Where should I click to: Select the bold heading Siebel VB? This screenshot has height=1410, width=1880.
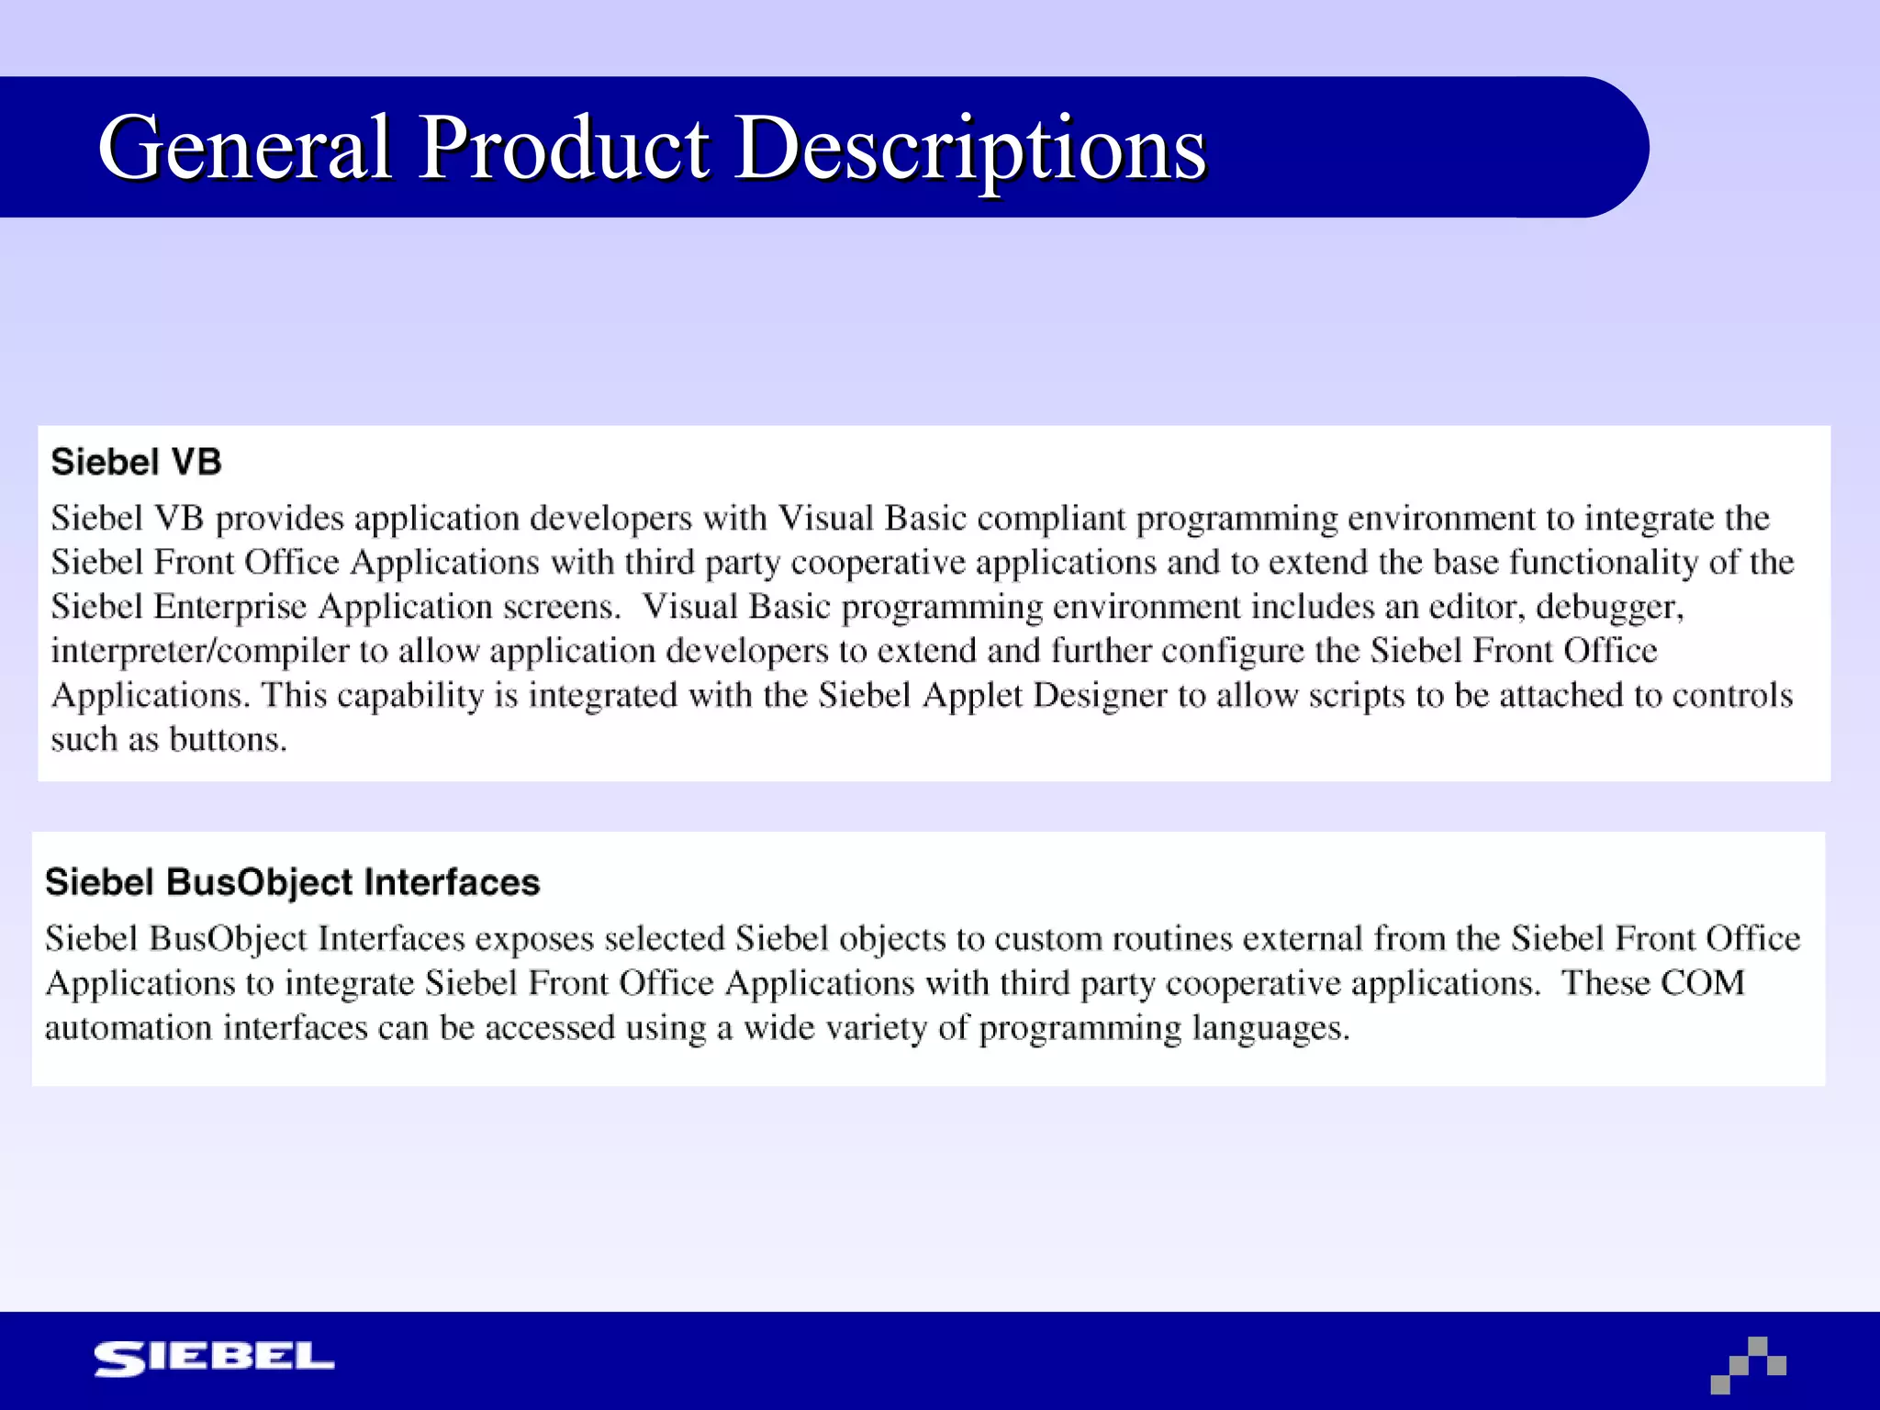tap(136, 462)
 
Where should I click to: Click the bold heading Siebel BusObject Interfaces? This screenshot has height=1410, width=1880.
tap(292, 882)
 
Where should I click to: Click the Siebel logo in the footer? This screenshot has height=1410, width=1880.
tap(214, 1359)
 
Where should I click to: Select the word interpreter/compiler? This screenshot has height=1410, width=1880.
tap(199, 652)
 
